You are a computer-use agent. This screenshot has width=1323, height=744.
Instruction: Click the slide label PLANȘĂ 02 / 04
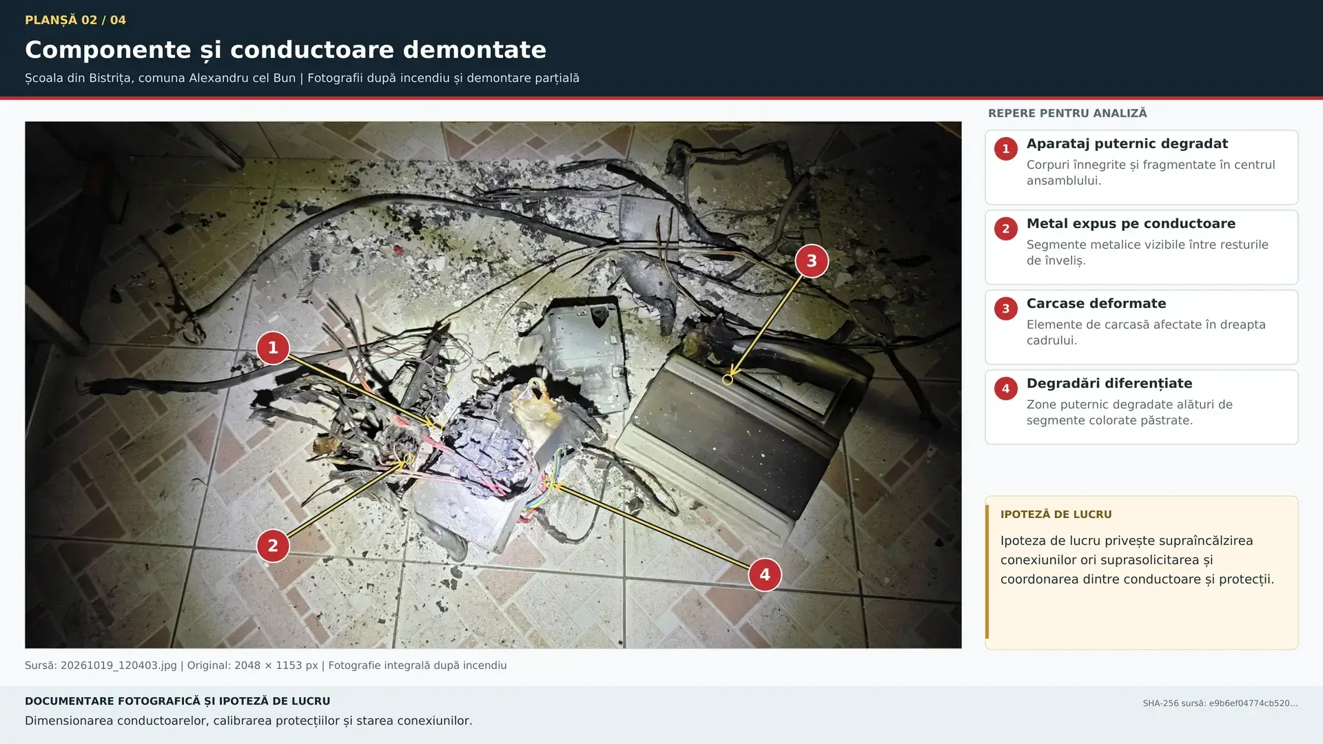click(75, 20)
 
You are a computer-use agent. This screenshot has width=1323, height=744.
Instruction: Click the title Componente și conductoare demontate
click(285, 50)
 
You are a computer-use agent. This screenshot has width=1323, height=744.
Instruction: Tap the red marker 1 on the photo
click(273, 348)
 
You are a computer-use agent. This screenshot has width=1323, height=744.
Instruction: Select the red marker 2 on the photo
click(273, 546)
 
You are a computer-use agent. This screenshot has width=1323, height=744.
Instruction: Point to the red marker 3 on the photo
click(812, 261)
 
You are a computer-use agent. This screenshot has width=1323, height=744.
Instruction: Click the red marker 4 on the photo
click(765, 575)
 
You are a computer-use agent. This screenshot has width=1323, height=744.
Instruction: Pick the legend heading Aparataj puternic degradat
click(1127, 144)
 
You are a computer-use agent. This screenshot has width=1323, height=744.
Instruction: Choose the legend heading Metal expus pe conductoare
click(1131, 224)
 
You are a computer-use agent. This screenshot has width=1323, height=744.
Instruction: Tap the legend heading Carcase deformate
click(1096, 304)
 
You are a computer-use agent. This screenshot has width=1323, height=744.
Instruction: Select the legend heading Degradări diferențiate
click(1109, 384)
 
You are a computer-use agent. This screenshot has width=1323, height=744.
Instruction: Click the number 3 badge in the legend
click(1006, 309)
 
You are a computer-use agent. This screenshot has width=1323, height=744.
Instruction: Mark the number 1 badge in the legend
click(1006, 149)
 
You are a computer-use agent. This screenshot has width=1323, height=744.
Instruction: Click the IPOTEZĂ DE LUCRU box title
click(1056, 515)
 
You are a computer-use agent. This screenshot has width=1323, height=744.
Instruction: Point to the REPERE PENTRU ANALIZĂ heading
click(1067, 113)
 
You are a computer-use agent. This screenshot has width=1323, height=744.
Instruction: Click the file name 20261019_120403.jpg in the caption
click(119, 665)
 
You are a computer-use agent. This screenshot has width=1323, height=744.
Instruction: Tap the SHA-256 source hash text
click(1220, 703)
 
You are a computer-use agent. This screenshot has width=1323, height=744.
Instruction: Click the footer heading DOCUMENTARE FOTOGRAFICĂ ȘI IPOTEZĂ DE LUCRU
click(178, 701)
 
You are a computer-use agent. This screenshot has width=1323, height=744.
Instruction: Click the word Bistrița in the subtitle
click(110, 78)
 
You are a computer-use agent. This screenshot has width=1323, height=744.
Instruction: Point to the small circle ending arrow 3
click(727, 380)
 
